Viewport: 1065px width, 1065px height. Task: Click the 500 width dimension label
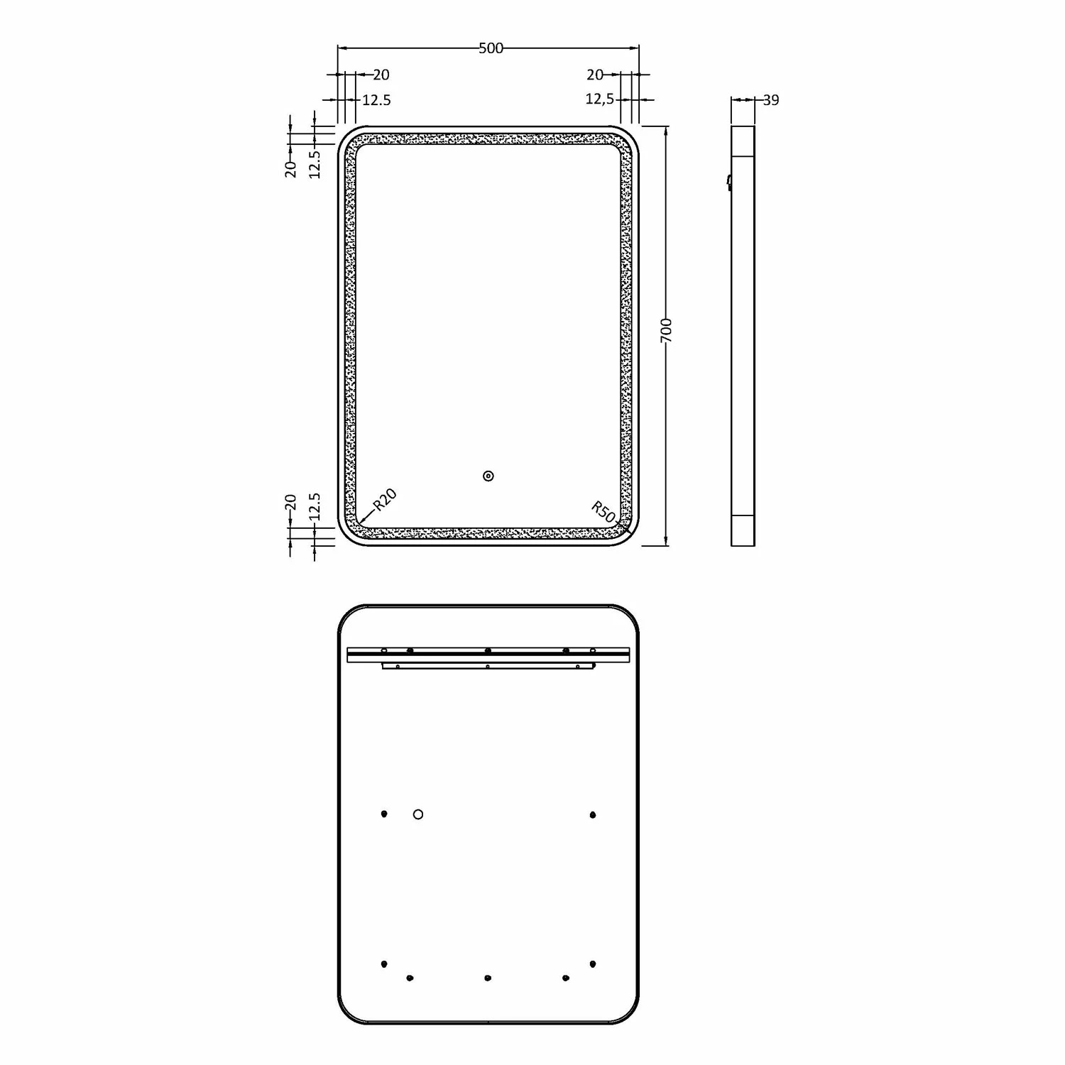click(491, 48)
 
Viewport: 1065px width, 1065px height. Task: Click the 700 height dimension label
click(666, 332)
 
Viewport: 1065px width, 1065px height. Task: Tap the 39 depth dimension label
click(771, 100)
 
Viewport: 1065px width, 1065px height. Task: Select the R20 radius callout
click(384, 500)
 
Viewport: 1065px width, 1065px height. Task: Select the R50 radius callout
click(603, 511)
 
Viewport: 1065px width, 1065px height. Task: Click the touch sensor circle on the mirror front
click(488, 476)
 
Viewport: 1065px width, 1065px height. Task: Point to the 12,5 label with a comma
click(599, 99)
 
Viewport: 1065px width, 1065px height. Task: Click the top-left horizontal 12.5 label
click(376, 100)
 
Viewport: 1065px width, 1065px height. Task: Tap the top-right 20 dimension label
click(595, 75)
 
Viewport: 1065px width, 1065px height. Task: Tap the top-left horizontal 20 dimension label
click(381, 75)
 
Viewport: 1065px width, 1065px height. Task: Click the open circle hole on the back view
click(418, 814)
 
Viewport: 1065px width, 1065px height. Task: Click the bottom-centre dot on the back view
click(488, 978)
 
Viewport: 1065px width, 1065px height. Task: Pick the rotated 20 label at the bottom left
click(290, 503)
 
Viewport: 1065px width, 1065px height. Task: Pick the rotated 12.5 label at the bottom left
click(315, 507)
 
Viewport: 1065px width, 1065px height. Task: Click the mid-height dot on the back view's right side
click(593, 815)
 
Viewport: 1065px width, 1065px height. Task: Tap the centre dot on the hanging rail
click(488, 650)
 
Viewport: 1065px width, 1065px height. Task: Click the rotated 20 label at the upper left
click(290, 168)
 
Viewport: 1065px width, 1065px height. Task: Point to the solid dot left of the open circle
click(384, 814)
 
